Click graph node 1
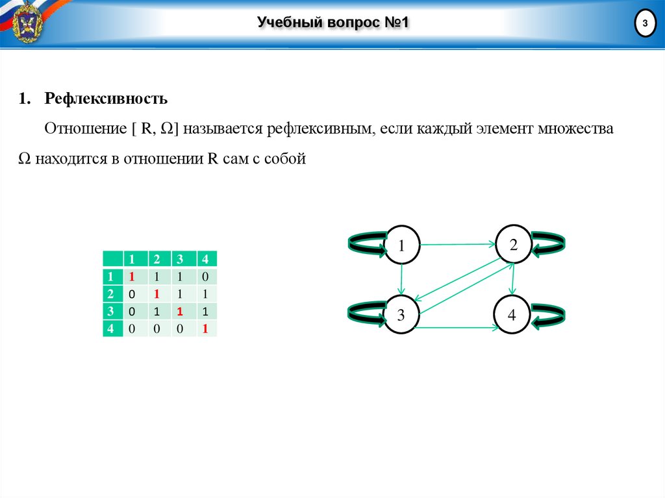point(402,245)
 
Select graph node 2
point(513,245)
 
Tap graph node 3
point(401,316)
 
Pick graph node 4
point(512,316)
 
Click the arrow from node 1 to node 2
point(457,245)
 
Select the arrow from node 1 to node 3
point(402,280)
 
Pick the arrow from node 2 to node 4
point(513,280)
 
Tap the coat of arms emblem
point(27,23)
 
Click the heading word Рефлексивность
point(107,99)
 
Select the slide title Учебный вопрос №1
point(332,24)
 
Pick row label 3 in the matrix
point(110,311)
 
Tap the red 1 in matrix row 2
point(157,294)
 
